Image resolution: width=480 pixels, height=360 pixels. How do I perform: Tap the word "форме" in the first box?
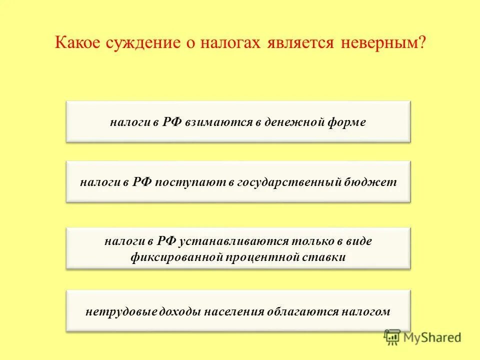(347, 122)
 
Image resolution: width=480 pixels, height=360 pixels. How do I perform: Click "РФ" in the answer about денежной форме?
(172, 122)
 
